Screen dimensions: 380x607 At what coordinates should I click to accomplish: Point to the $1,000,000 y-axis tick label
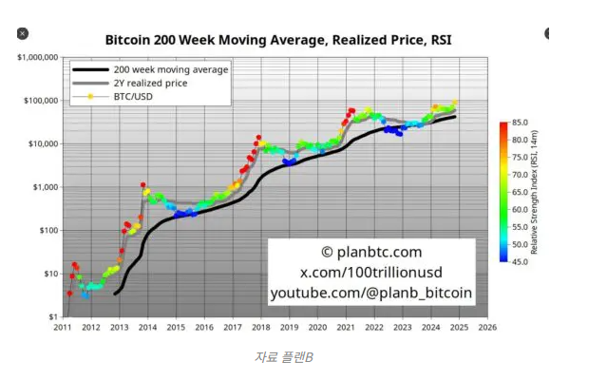point(39,57)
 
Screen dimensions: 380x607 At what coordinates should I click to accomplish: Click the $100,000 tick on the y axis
point(42,101)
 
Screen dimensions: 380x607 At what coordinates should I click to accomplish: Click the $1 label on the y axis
point(53,316)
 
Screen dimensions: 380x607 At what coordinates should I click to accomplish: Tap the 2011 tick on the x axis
point(63,328)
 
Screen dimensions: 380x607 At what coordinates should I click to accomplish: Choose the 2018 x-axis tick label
point(260,328)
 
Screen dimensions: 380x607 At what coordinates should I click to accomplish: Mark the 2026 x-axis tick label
point(486,328)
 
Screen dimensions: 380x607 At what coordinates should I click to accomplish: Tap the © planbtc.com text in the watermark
point(370,252)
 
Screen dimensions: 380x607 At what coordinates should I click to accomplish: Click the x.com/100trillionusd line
point(370,273)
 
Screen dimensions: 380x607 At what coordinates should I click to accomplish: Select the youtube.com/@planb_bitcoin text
point(370,294)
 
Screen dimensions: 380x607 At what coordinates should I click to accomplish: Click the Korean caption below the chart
point(283,356)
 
